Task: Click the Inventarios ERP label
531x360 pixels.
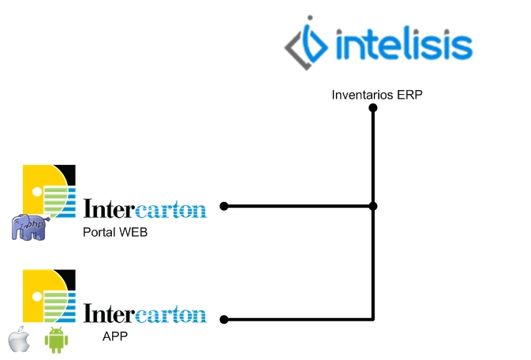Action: [x=377, y=95]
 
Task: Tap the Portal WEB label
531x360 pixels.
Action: [x=115, y=232]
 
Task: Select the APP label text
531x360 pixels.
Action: [x=115, y=336]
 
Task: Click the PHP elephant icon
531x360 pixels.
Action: [x=30, y=227]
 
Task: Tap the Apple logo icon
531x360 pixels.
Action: [x=19, y=339]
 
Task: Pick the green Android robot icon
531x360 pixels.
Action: [x=56, y=339]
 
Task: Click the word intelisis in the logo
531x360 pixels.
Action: [x=404, y=43]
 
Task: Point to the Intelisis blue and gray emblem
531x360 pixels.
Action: [x=306, y=43]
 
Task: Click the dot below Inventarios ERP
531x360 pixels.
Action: [x=373, y=108]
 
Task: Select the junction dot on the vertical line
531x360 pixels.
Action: [x=373, y=206]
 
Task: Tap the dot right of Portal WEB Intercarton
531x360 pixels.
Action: [x=224, y=206]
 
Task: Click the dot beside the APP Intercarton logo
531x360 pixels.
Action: [x=224, y=319]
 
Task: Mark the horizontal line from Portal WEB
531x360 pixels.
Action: [x=298, y=206]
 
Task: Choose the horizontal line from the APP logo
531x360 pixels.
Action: [x=298, y=319]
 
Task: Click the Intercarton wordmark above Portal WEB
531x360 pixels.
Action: [x=145, y=208]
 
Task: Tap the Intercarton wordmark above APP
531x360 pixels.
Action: [x=145, y=313]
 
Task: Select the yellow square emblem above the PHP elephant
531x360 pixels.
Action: [x=49, y=191]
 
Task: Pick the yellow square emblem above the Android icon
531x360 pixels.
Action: [x=49, y=296]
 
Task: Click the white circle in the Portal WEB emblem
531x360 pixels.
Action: [x=37, y=192]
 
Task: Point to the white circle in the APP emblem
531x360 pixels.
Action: [x=37, y=297]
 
